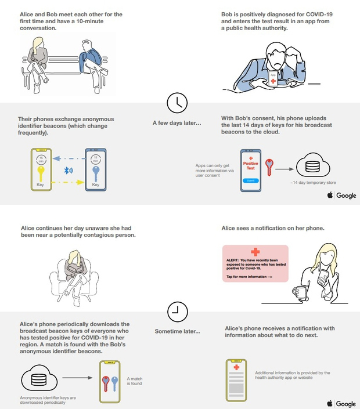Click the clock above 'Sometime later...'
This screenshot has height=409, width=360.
(x=177, y=312)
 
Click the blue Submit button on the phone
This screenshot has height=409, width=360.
(x=250, y=180)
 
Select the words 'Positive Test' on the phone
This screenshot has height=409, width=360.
(x=250, y=167)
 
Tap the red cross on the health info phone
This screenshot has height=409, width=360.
(x=236, y=367)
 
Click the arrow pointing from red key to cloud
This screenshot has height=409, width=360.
(x=284, y=169)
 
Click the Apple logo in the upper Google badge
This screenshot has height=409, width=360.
(x=330, y=196)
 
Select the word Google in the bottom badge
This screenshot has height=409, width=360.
(x=346, y=404)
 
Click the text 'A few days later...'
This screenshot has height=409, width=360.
(x=177, y=123)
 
